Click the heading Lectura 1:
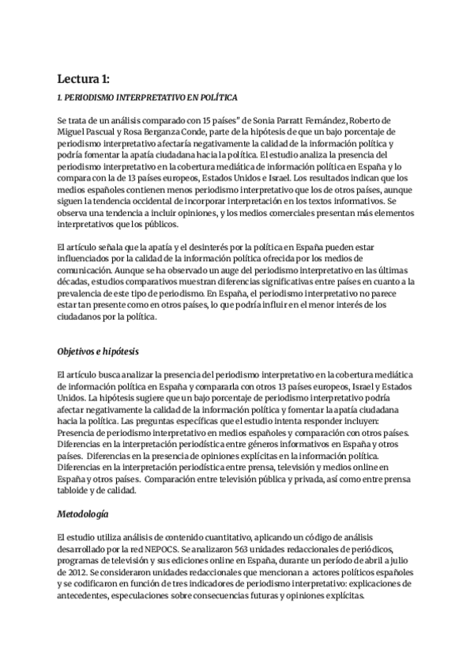(x=83, y=78)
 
